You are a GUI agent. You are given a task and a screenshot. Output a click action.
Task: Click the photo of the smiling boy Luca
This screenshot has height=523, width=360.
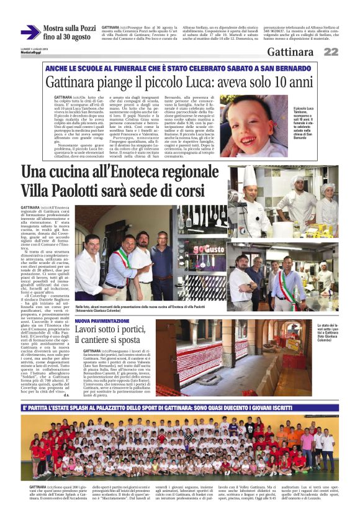[x=249, y=126]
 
